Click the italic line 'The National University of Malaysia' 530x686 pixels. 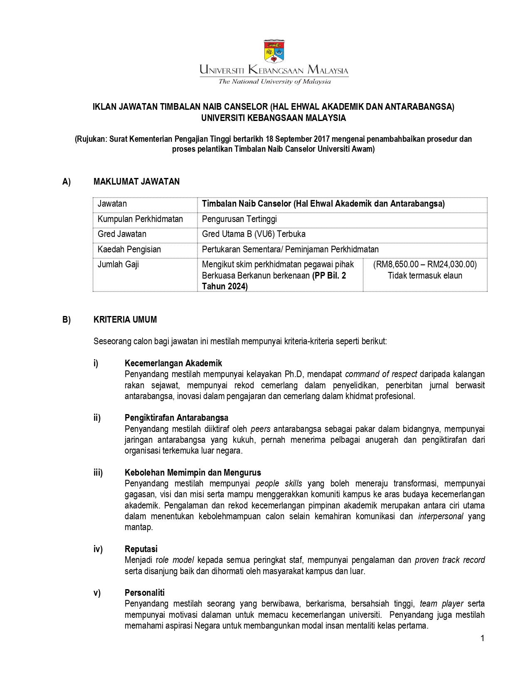tap(274, 81)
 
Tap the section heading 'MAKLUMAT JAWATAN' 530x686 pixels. tap(136, 182)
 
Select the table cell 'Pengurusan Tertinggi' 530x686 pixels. tap(239, 219)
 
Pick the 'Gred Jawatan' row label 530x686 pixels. tap(122, 234)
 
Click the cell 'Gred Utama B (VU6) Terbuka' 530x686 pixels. tap(254, 234)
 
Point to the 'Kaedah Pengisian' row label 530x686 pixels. tap(129, 249)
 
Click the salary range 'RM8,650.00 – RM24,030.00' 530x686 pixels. tap(425, 264)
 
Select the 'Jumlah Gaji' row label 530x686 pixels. tap(118, 264)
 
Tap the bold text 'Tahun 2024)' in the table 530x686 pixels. tap(224, 286)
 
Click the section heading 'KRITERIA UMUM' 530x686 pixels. tap(125, 320)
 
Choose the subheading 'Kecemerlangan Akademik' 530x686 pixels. tap(173, 363)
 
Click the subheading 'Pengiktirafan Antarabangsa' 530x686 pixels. tap(176, 418)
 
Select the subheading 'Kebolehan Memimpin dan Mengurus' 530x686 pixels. tap(193, 473)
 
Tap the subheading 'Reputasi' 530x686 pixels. tap(141, 549)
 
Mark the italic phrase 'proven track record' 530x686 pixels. tap(449, 560)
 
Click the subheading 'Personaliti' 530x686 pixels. tap(145, 593)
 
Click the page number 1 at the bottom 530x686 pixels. tap(482, 639)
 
